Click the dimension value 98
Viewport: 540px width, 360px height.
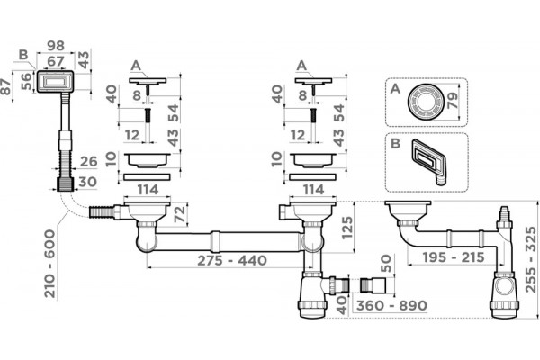pyautogui.click(x=56, y=46)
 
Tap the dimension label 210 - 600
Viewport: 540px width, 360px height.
pyautogui.click(x=50, y=264)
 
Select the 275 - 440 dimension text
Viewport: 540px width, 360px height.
pyautogui.click(x=232, y=260)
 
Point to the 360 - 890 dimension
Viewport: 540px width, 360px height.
pyautogui.click(x=391, y=305)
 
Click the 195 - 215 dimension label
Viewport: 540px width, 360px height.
pyautogui.click(x=454, y=257)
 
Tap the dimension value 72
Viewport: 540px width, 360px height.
pyautogui.click(x=180, y=213)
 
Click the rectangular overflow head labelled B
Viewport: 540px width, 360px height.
pyautogui.click(x=54, y=82)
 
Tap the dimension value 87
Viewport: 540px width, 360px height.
pyautogui.click(x=6, y=86)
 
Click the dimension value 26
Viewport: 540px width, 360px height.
pyautogui.click(x=88, y=162)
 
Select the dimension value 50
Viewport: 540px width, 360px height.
pyautogui.click(x=386, y=263)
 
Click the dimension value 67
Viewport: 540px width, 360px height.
pyautogui.click(x=56, y=61)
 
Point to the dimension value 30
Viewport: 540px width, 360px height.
pyautogui.click(x=87, y=182)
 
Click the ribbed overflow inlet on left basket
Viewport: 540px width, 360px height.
pyautogui.click(x=100, y=211)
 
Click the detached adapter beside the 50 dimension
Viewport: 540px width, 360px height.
pyautogui.click(x=373, y=285)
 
